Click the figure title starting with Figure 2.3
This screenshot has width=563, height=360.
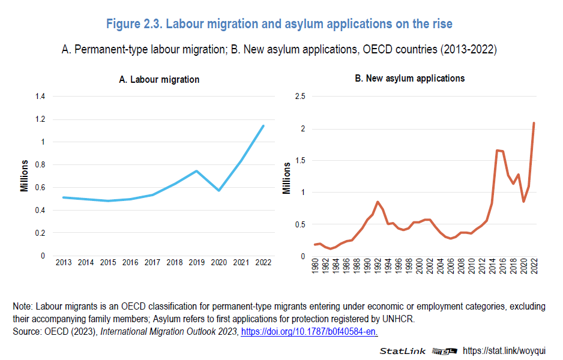click(x=279, y=24)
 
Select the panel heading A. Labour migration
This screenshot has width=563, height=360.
click(x=159, y=79)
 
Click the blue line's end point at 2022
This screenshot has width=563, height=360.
click(x=263, y=125)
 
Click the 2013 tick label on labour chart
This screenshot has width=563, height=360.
click(x=64, y=263)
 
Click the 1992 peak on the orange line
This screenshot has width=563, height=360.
click(x=378, y=202)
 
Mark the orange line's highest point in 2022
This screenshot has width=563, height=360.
click(x=534, y=123)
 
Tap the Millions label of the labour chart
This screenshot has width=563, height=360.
click(x=25, y=175)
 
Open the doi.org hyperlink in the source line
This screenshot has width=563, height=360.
click(x=309, y=331)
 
